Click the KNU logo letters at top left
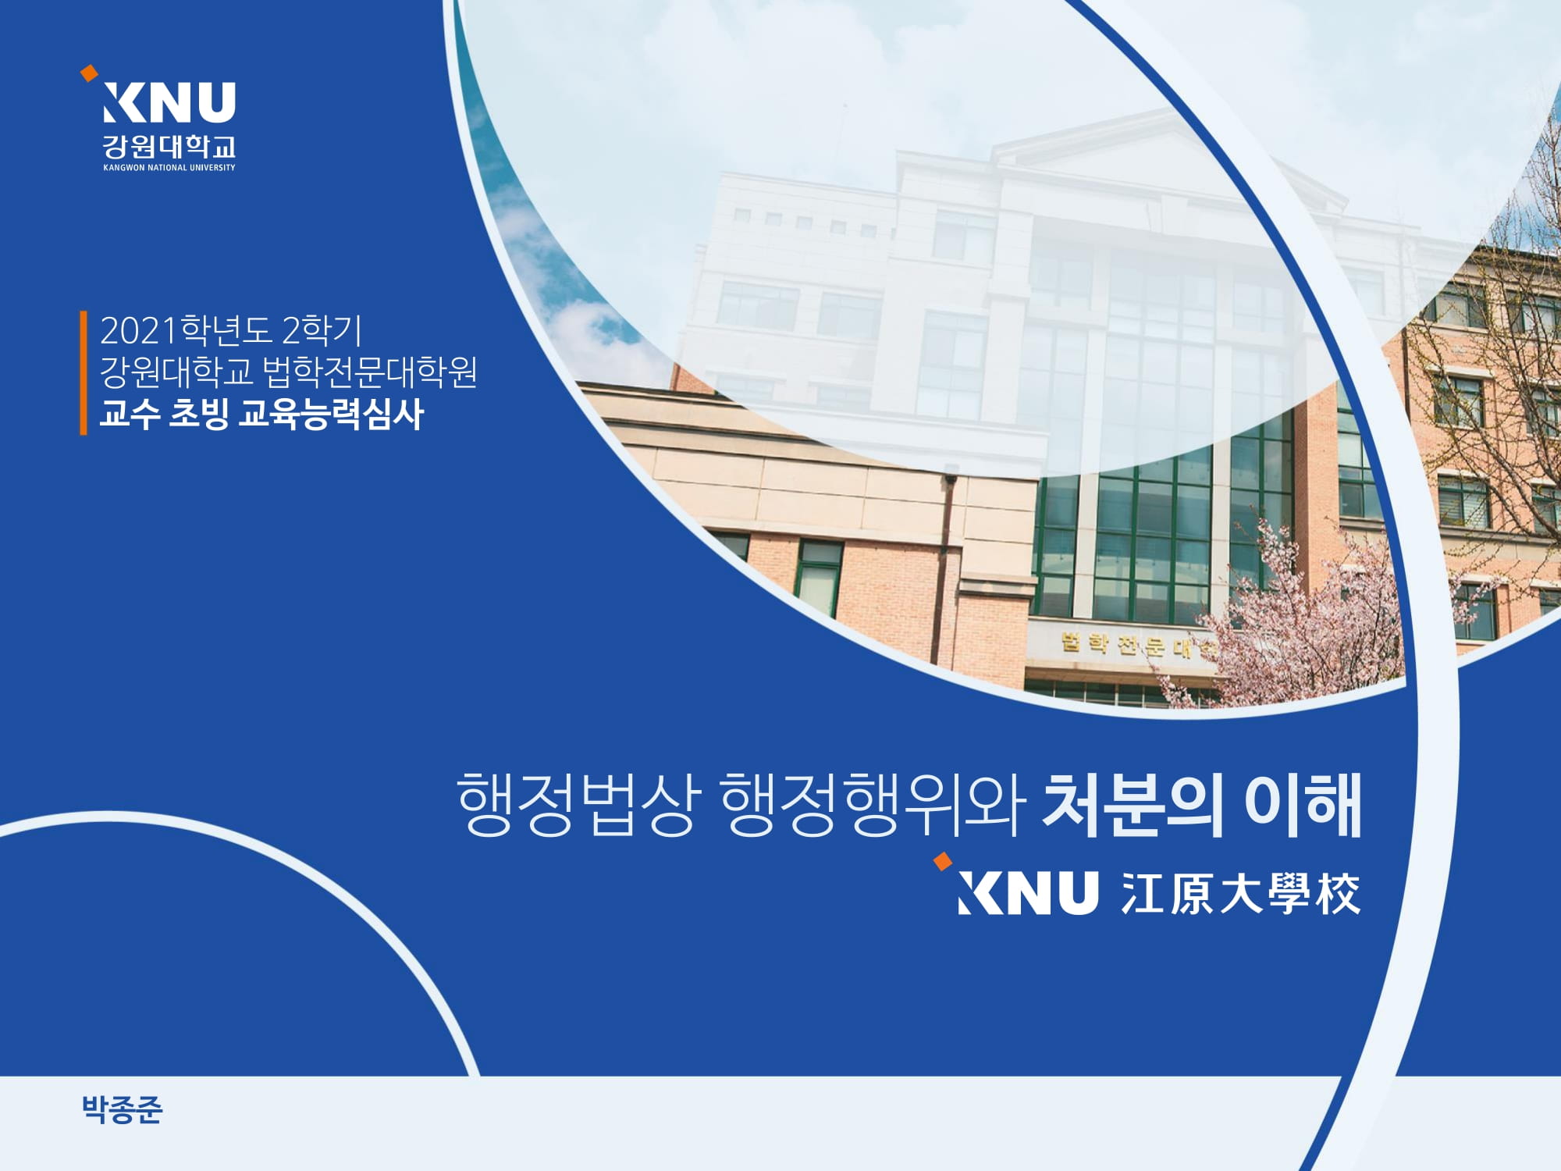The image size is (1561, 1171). point(169,102)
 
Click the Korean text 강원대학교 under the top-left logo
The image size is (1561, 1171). point(169,146)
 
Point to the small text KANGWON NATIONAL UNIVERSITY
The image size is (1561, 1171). point(169,168)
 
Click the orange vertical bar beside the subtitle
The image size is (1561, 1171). point(84,372)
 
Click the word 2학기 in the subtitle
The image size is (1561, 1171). point(322,330)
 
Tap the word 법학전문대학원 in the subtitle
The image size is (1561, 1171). point(369,372)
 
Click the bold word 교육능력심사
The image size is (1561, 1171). point(331,414)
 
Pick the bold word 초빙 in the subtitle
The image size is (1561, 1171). point(199,414)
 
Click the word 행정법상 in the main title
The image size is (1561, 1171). point(575,804)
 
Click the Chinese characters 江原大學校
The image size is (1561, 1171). point(1241,893)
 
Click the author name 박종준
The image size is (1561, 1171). point(123,1109)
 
